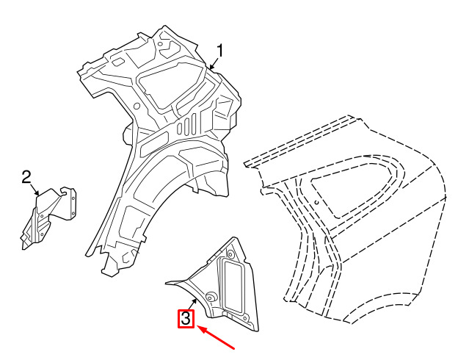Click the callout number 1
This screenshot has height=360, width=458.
tap(219, 51)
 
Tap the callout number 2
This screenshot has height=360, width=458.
tap(26, 177)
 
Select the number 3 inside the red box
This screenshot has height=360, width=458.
tap(186, 319)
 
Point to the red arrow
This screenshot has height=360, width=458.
tap(216, 337)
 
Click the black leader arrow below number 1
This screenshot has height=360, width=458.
tap(214, 63)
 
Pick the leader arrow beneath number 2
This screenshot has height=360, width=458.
tap(34, 190)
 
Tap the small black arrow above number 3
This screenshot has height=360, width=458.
tap(192, 303)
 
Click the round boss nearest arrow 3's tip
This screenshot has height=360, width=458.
tap(210, 296)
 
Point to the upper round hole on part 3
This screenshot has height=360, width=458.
tap(230, 254)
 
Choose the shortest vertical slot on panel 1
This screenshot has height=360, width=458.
tap(180, 128)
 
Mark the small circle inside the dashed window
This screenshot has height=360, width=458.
tap(317, 202)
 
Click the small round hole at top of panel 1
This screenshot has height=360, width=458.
tap(160, 44)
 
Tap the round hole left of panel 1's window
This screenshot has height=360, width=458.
tap(137, 106)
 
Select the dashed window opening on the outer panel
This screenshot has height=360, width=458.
tap(353, 190)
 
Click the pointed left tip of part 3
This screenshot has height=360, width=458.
tap(166, 283)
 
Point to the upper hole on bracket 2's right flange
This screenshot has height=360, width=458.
tap(73, 198)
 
